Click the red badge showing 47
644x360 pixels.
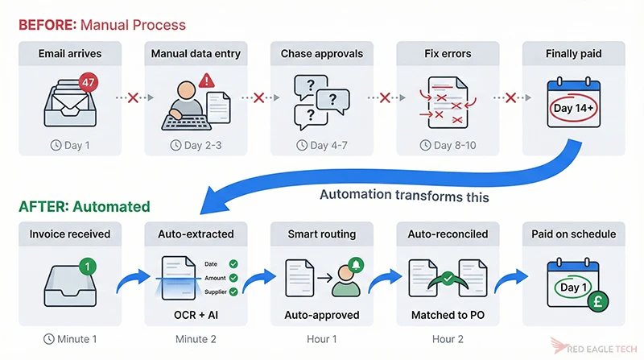[89, 82]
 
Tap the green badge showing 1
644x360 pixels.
[89, 263]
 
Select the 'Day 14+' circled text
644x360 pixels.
[573, 107]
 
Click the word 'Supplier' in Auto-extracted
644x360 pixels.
[213, 292]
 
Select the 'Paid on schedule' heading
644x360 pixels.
[572, 234]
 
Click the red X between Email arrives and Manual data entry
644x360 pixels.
[134, 98]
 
